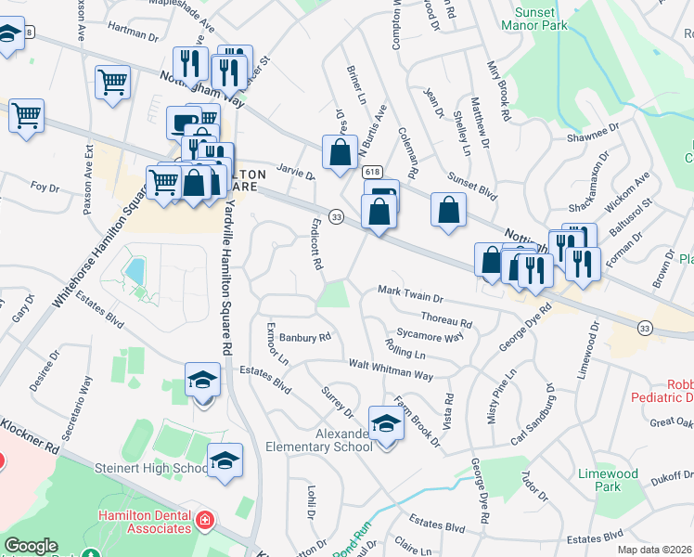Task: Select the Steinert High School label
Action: click(x=150, y=469)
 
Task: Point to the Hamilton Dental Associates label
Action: click(x=143, y=522)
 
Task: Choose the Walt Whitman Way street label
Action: click(x=391, y=369)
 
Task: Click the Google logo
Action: click(x=31, y=547)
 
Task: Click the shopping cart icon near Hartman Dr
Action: click(x=113, y=81)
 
